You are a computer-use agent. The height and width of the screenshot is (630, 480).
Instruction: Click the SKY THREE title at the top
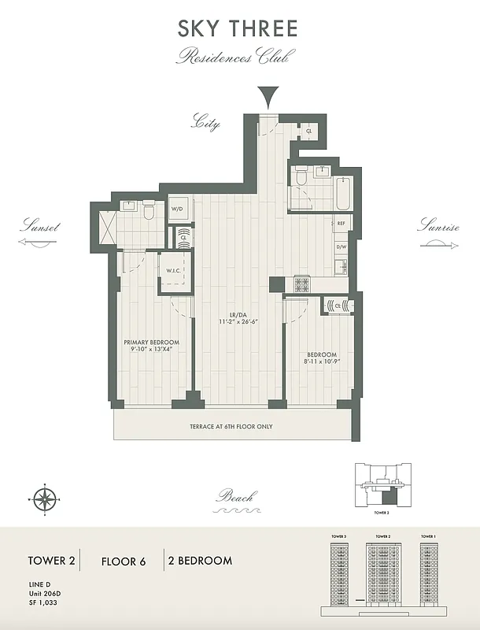238,29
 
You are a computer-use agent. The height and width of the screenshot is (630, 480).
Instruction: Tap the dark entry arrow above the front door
270,98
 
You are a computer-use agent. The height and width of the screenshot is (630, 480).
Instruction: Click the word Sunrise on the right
438,227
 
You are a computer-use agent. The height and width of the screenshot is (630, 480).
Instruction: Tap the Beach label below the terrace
236,497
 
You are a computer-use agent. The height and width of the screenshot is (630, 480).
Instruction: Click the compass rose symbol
42,498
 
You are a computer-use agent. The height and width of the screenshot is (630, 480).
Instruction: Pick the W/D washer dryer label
179,209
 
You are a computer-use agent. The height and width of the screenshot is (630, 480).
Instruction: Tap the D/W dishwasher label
342,247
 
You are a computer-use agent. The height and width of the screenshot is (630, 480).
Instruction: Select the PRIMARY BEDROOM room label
151,343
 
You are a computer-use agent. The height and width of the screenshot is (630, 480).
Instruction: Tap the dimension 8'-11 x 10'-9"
321,365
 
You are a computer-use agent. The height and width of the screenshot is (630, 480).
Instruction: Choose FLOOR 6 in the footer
124,561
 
